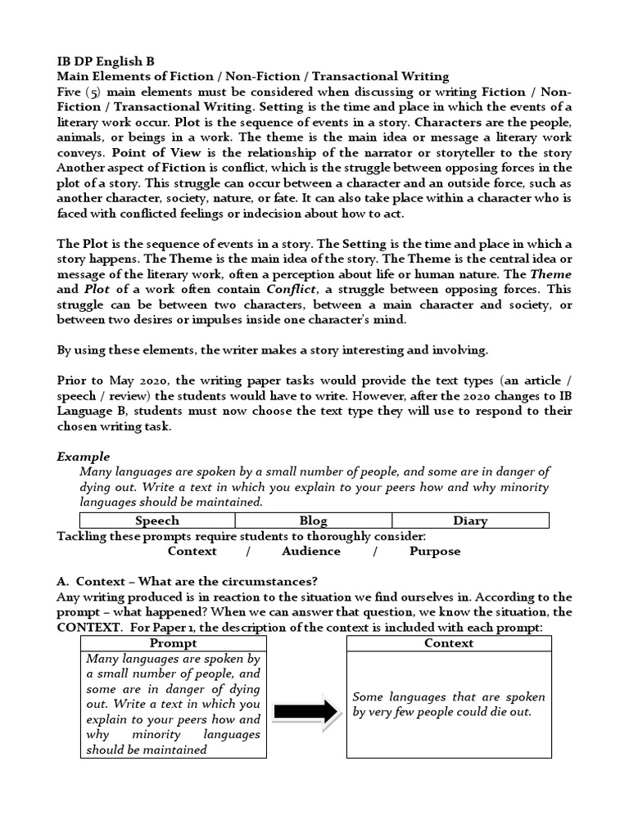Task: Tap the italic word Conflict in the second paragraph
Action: coord(291,290)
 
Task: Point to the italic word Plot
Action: coord(97,290)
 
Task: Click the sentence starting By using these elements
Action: coord(272,351)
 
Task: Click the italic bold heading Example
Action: coord(83,457)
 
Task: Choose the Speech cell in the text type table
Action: coord(156,520)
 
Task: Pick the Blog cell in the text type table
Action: coord(313,520)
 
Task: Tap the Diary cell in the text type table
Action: coord(470,520)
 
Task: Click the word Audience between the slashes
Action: coord(311,552)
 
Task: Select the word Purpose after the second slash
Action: coord(435,552)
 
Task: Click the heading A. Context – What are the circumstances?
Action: coord(187,582)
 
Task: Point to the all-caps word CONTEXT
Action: coord(90,628)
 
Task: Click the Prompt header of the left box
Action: coord(173,643)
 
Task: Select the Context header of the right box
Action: coord(448,643)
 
